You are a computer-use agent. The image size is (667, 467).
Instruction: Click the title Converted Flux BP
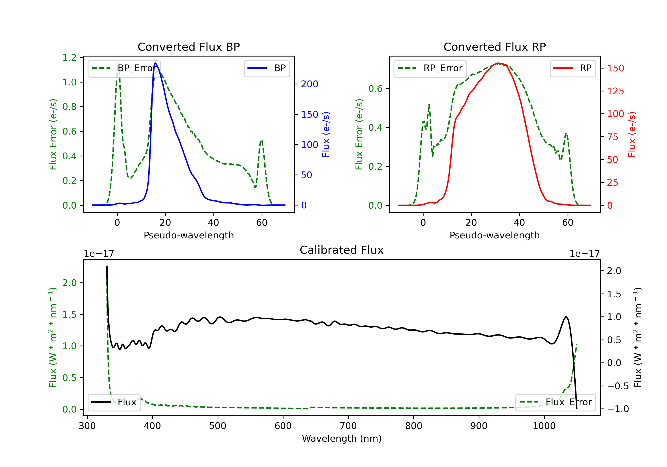(x=189, y=47)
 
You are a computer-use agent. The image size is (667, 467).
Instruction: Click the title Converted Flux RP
(x=494, y=47)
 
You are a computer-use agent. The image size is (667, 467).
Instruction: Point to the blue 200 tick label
(x=309, y=84)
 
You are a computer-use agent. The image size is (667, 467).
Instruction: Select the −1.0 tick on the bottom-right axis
(x=618, y=409)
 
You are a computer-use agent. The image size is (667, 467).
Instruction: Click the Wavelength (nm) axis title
(x=342, y=439)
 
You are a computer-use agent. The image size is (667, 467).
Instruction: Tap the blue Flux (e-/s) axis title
(x=326, y=134)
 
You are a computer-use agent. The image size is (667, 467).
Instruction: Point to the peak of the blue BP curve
(x=155, y=63)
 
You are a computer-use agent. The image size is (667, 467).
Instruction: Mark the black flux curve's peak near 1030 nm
(x=566, y=317)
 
